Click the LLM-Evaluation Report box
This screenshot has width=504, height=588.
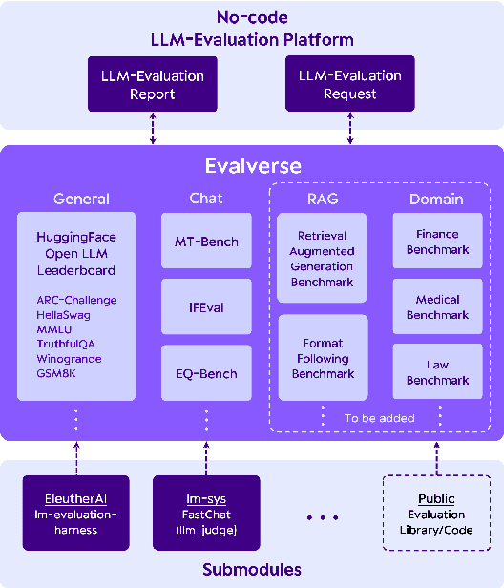(x=153, y=84)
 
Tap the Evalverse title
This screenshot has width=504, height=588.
(x=252, y=166)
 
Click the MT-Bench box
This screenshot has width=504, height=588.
(x=206, y=241)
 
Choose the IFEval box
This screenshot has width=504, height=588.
(x=206, y=306)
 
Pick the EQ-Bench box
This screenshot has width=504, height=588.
(x=206, y=372)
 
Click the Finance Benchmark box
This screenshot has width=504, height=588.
(x=437, y=241)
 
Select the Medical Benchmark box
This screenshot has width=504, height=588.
(x=437, y=307)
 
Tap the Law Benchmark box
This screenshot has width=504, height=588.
(x=437, y=372)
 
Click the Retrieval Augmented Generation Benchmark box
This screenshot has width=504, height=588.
(x=323, y=258)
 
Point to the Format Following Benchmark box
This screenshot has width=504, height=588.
(x=323, y=359)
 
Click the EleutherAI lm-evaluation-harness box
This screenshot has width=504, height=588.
(x=75, y=514)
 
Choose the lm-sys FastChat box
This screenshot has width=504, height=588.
(x=206, y=514)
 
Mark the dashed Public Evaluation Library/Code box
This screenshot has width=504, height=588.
(x=436, y=514)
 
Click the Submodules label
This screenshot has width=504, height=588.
(x=252, y=570)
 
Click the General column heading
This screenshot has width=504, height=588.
(x=81, y=199)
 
